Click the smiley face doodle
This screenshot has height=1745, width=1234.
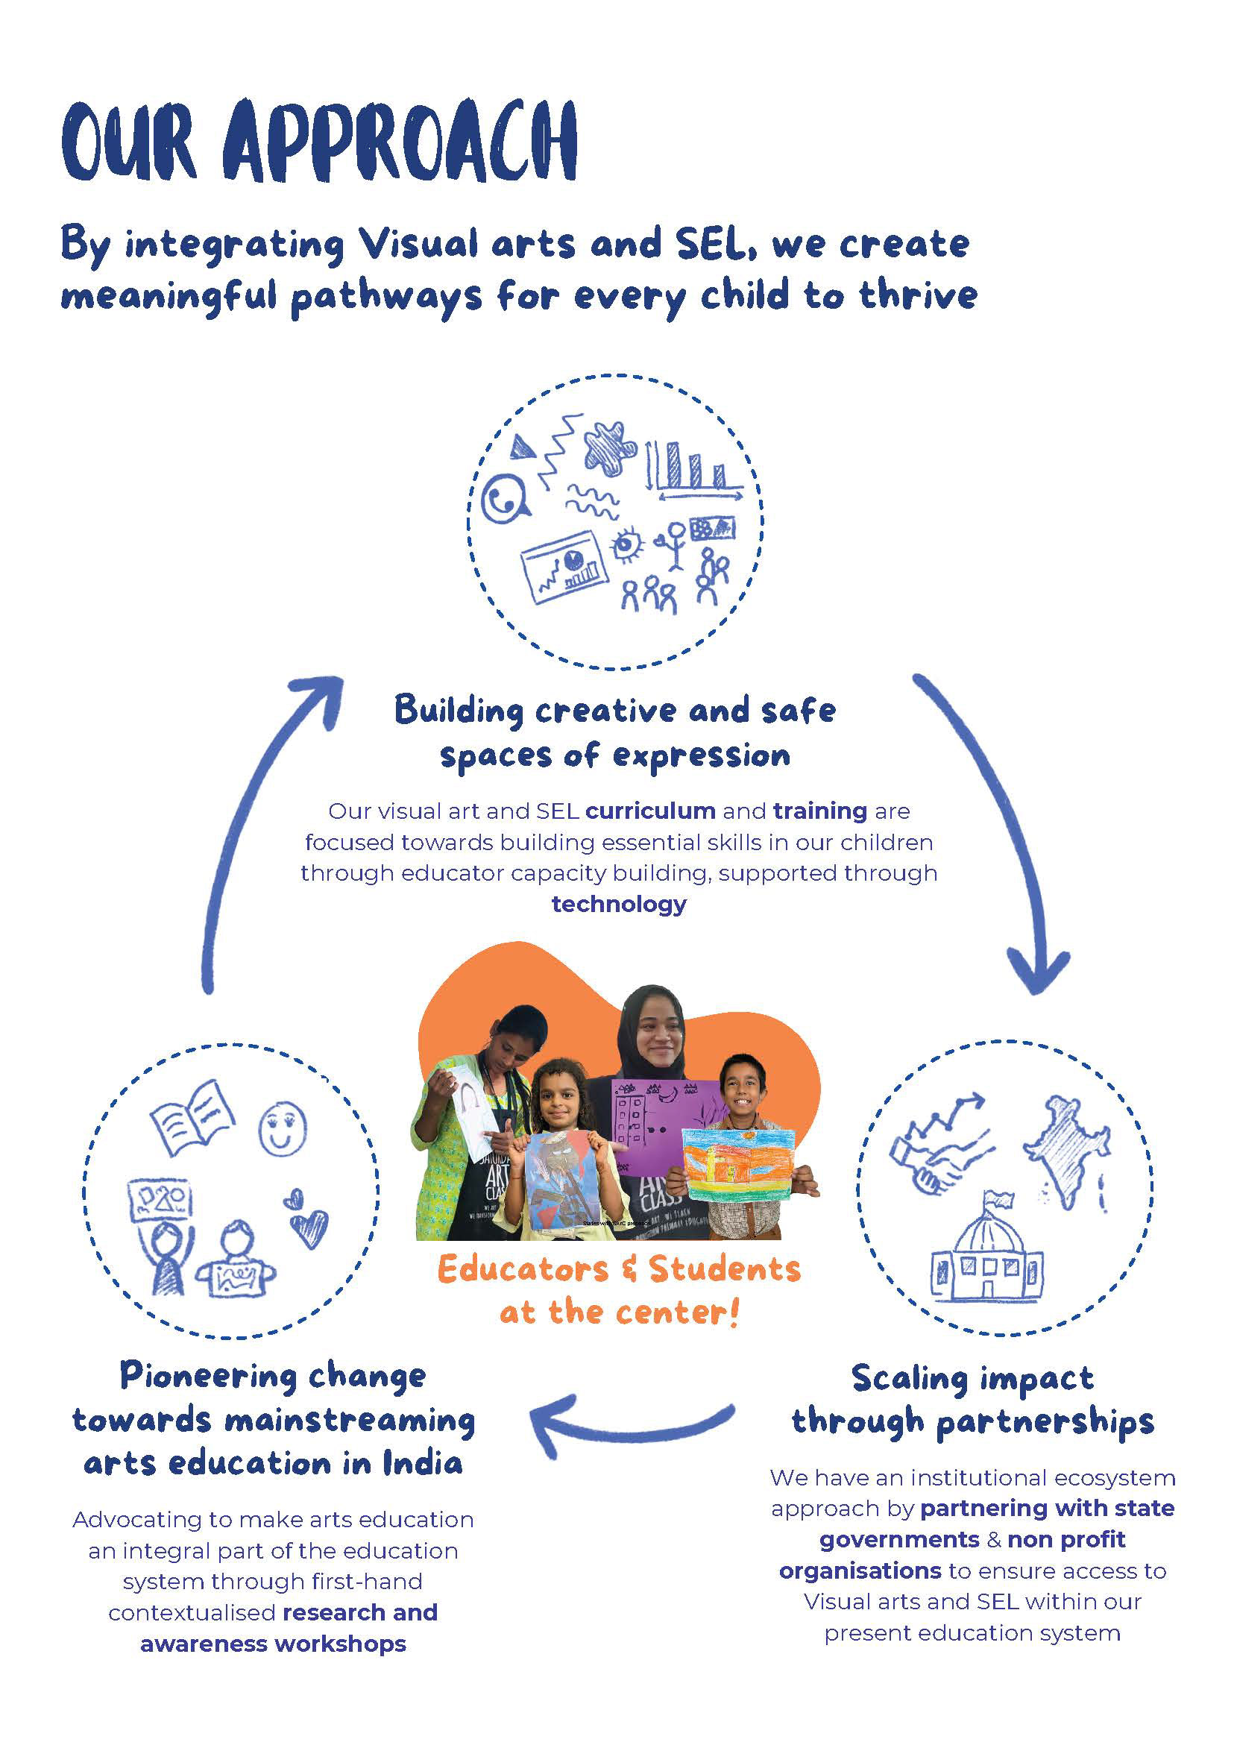click(x=283, y=1128)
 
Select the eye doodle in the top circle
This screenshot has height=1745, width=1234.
click(x=627, y=544)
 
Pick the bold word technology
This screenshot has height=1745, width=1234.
click(x=619, y=904)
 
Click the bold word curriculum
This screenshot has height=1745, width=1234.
click(x=650, y=811)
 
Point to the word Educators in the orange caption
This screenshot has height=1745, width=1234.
click(x=523, y=1270)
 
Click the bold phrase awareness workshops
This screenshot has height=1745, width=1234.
click(x=273, y=1644)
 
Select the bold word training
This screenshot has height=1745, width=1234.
click(x=820, y=811)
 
